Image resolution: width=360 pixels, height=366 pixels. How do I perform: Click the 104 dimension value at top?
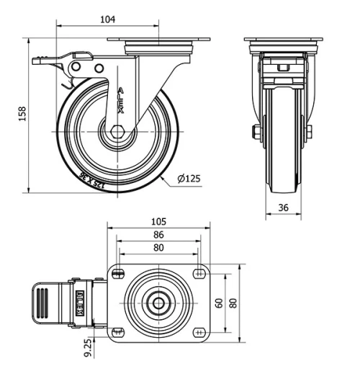coord(108,19)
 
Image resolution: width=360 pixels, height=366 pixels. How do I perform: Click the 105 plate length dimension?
coord(158,221)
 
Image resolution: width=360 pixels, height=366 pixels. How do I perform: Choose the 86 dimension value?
coord(158,235)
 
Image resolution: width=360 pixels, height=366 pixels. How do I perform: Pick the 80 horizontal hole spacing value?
coord(158,248)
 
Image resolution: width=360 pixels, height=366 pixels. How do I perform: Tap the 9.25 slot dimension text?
coord(88,349)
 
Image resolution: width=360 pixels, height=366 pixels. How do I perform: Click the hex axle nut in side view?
coord(117,133)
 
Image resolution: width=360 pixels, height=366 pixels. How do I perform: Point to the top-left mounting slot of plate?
coord(118,273)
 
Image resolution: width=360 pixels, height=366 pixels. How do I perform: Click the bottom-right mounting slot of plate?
coord(199,332)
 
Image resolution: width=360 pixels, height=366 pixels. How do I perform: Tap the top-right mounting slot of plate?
coord(199,273)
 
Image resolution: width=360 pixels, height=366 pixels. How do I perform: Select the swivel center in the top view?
coord(156,303)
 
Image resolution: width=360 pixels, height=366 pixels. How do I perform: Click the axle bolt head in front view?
coord(256,133)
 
